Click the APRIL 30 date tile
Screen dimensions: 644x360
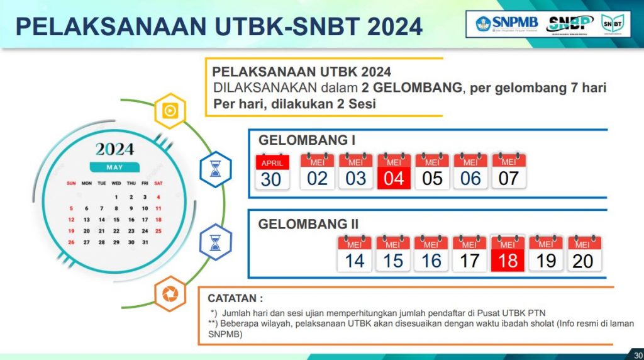point(272,172)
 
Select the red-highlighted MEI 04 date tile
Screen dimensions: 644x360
point(394,171)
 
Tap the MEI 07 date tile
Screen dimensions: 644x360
point(509,171)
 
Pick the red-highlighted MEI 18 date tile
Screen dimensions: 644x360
point(508,254)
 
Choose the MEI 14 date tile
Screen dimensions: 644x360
point(355,254)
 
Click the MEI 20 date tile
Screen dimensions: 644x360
point(584,254)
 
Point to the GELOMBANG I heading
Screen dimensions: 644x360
point(307,140)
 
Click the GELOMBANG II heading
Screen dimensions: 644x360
point(308,224)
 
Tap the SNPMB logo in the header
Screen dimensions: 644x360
point(507,24)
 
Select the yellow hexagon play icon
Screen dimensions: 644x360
point(170,111)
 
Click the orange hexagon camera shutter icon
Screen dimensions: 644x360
point(170,294)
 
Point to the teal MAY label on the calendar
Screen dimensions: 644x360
point(114,167)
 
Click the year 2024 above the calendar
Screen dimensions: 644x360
point(114,149)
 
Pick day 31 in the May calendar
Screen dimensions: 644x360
point(145,242)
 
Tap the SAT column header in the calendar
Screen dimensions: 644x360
point(158,183)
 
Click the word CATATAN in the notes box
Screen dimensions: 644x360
point(232,298)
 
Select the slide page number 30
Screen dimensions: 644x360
point(638,356)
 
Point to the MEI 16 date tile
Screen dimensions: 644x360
point(431,254)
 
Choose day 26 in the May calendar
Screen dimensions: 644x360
point(71,242)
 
